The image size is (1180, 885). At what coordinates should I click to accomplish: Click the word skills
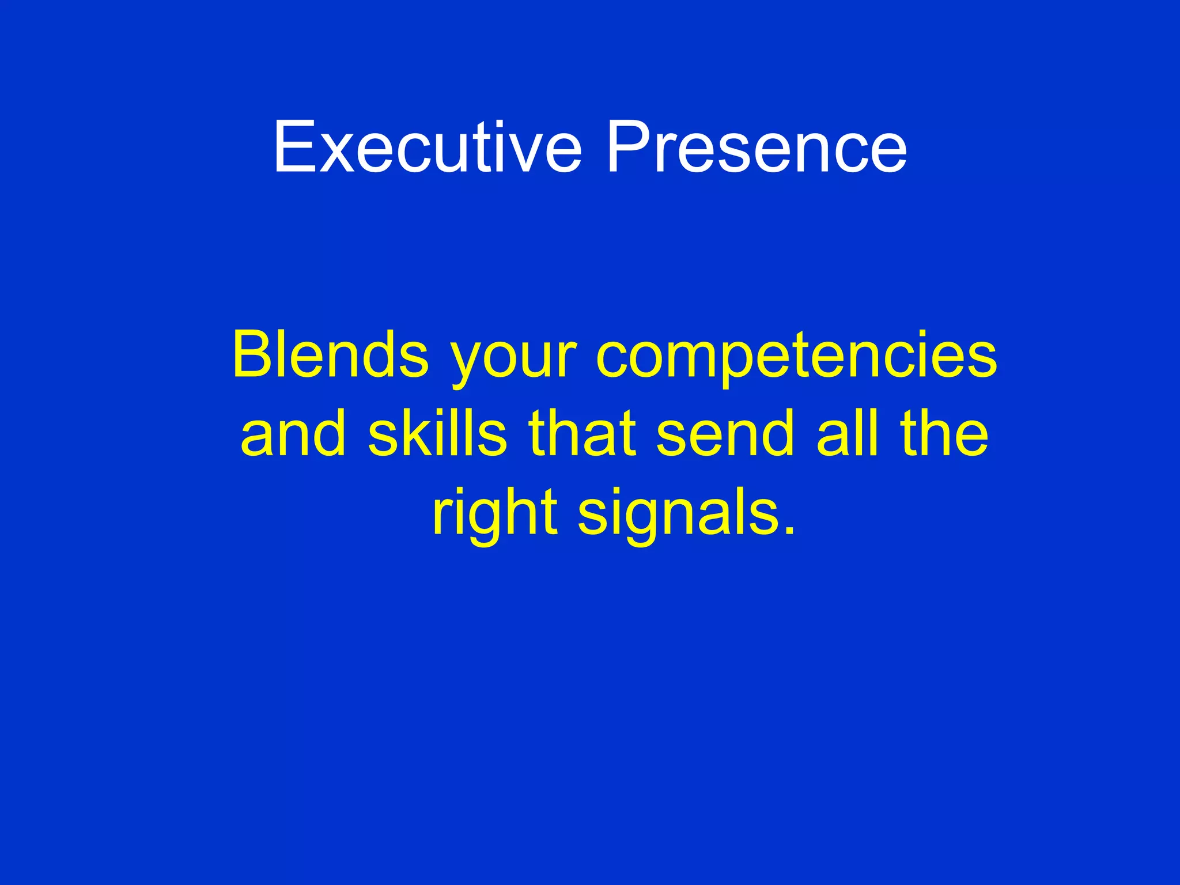[437, 433]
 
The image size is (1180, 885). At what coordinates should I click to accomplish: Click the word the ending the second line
[944, 433]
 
